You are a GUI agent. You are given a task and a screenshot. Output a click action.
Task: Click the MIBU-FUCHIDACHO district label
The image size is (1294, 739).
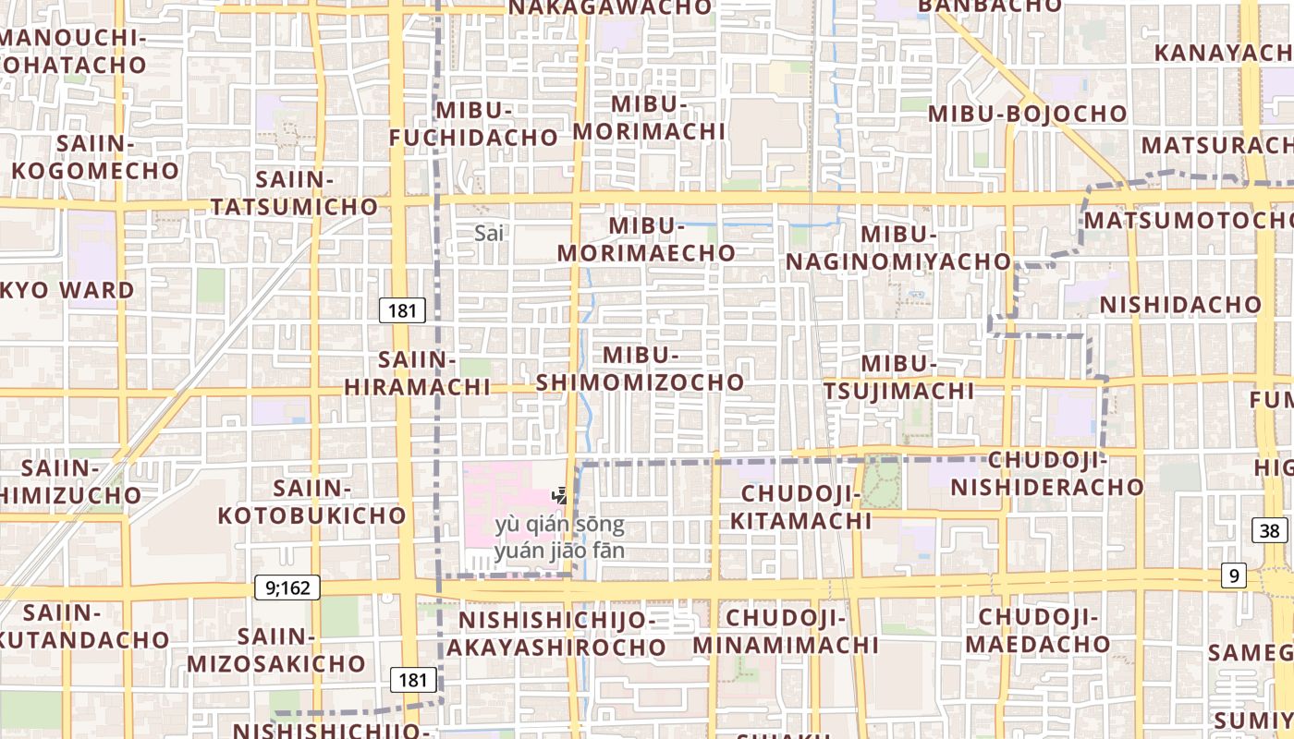click(473, 124)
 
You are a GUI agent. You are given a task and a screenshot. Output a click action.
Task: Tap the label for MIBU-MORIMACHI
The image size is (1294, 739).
click(649, 117)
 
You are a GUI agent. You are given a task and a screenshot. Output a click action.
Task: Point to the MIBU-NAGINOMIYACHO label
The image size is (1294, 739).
click(898, 248)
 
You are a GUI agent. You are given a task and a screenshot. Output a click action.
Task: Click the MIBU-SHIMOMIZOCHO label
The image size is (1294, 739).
click(641, 369)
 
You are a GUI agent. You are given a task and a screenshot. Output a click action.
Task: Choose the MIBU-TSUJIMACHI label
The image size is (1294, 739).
click(898, 377)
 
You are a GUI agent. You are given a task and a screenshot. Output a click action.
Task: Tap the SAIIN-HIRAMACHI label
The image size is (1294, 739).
click(418, 373)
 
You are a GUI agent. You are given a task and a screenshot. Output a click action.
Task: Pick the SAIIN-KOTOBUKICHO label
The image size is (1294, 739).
click(312, 502)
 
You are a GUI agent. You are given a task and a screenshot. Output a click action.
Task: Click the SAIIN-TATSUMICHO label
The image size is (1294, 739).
click(295, 192)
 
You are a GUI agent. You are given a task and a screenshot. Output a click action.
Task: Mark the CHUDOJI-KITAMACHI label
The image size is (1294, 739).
click(801, 507)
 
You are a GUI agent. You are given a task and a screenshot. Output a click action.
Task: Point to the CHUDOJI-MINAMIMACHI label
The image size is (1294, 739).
click(786, 631)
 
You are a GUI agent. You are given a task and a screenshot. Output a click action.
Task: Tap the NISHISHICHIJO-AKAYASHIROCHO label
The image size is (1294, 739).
click(556, 633)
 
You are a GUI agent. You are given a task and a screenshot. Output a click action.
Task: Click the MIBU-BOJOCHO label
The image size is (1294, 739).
click(1027, 114)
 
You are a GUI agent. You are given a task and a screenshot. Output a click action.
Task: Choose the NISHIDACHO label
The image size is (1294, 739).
click(1180, 304)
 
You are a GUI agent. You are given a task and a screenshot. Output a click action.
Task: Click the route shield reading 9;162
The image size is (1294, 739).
click(287, 587)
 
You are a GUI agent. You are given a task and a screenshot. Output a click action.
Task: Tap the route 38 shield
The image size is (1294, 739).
click(1270, 530)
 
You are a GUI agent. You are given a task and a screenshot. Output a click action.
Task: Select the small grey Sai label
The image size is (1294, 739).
click(489, 233)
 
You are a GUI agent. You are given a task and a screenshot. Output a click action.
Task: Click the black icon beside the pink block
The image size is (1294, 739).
click(559, 496)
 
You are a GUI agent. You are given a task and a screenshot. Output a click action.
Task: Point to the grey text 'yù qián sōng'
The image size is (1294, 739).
click(559, 526)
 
